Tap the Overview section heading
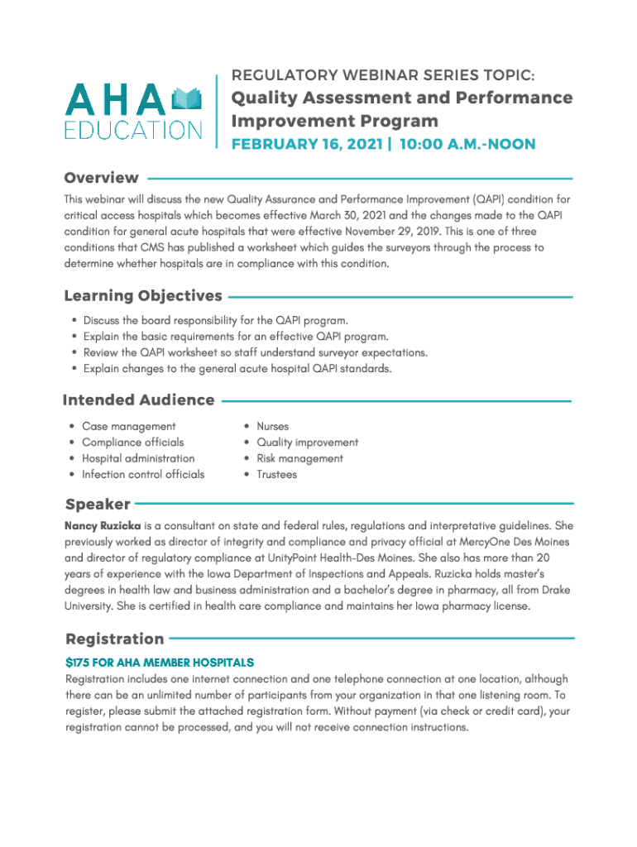tap(102, 178)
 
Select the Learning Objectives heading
tap(143, 295)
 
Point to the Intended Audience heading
tap(138, 400)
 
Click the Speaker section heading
tap(98, 504)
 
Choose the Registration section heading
tap(114, 639)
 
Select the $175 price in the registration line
tap(77, 663)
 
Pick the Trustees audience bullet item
tap(276, 475)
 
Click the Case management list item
tap(128, 426)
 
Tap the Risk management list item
tap(299, 458)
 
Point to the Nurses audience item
tap(272, 426)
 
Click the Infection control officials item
tap(142, 475)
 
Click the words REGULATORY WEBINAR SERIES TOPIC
tap(387, 76)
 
